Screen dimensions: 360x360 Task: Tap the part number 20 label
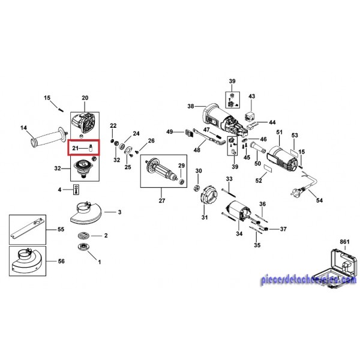[x=85, y=98]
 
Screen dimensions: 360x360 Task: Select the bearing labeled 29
[x=181, y=178]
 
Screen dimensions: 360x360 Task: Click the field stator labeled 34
[x=238, y=215]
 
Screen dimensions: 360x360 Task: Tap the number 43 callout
[x=251, y=97]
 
